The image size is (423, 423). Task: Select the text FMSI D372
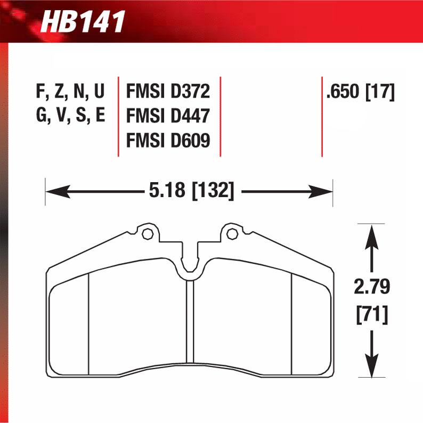click(x=168, y=93)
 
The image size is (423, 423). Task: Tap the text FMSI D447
click(x=168, y=116)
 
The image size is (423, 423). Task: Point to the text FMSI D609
click(x=168, y=140)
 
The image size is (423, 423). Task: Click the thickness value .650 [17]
click(x=361, y=93)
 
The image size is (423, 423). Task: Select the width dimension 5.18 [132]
click(x=189, y=190)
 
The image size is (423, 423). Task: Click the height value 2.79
click(x=372, y=288)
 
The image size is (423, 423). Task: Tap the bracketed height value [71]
click(x=372, y=315)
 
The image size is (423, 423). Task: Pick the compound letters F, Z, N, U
click(x=70, y=93)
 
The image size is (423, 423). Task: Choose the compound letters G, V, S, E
click(x=70, y=116)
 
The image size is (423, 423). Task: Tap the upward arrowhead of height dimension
click(x=372, y=234)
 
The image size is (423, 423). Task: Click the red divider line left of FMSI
click(x=118, y=116)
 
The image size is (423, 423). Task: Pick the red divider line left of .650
click(x=322, y=116)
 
